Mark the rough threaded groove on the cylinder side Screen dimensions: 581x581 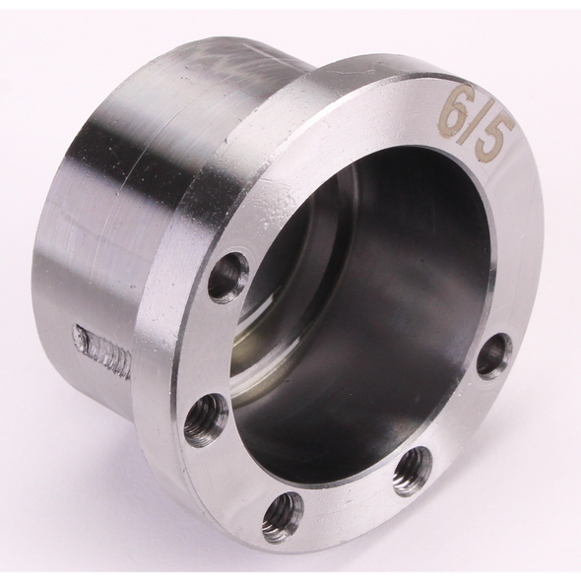point(101,351)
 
